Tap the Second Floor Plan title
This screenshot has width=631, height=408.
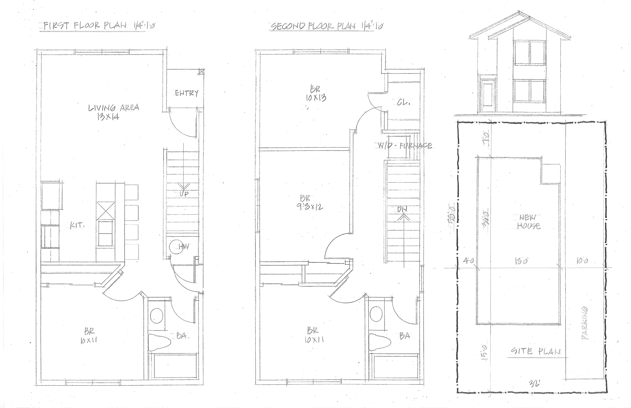pos(327,26)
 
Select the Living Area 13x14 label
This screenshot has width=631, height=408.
pos(113,112)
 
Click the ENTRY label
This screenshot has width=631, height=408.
pos(187,93)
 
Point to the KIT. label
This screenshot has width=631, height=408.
pos(77,225)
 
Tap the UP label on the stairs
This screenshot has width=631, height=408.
pos(184,194)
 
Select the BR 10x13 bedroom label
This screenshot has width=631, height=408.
pos(315,93)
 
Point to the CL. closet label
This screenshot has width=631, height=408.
pos(404,102)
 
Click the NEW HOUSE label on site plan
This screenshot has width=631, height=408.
pos(528,222)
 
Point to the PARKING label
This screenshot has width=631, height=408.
pos(585,323)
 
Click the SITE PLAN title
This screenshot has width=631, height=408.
pos(536,351)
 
